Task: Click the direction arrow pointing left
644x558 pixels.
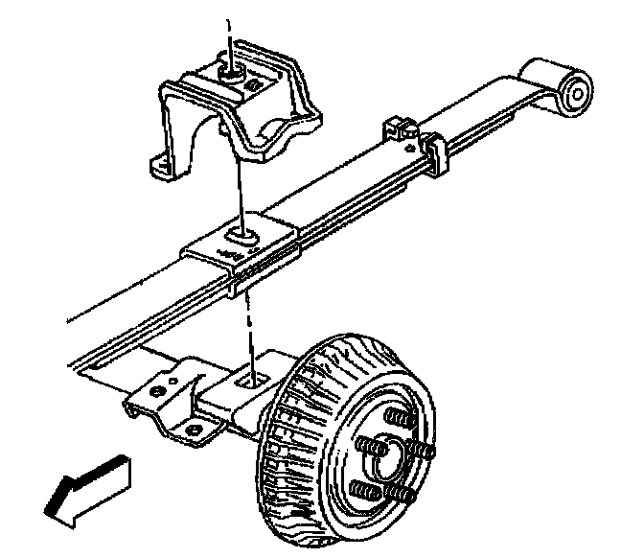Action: tap(88, 491)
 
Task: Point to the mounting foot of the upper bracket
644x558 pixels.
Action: tap(164, 165)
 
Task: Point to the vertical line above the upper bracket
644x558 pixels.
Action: tap(228, 34)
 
